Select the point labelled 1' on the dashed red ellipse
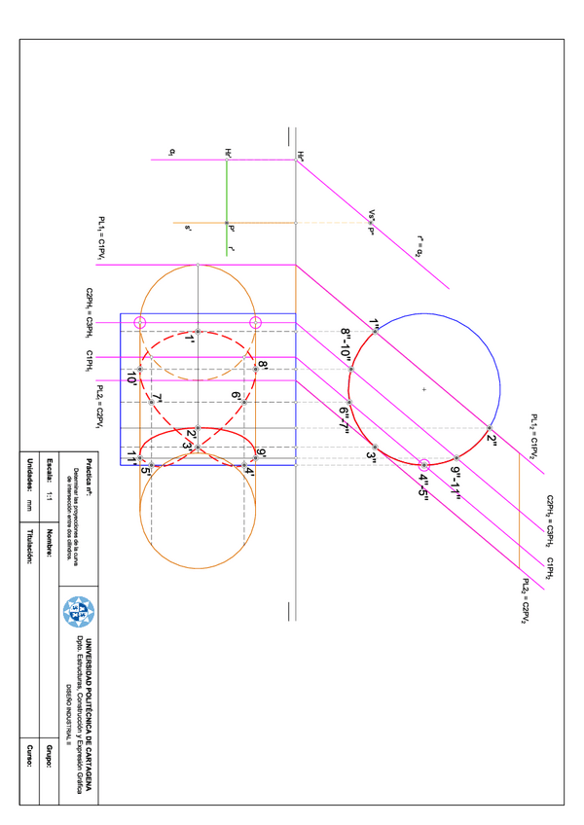point(198,332)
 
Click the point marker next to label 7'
point(151,402)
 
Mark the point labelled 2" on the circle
point(490,427)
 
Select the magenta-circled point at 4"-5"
point(423,465)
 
